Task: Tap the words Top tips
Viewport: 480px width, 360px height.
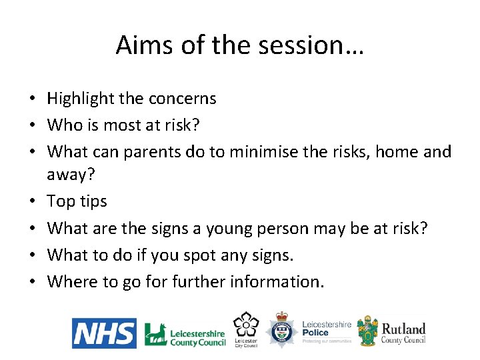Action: (x=77, y=201)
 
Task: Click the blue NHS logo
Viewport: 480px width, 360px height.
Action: (x=104, y=333)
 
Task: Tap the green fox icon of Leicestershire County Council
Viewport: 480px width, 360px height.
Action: (x=155, y=333)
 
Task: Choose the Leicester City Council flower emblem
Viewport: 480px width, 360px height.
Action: (x=245, y=325)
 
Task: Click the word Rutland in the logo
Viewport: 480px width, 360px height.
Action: (x=403, y=328)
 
